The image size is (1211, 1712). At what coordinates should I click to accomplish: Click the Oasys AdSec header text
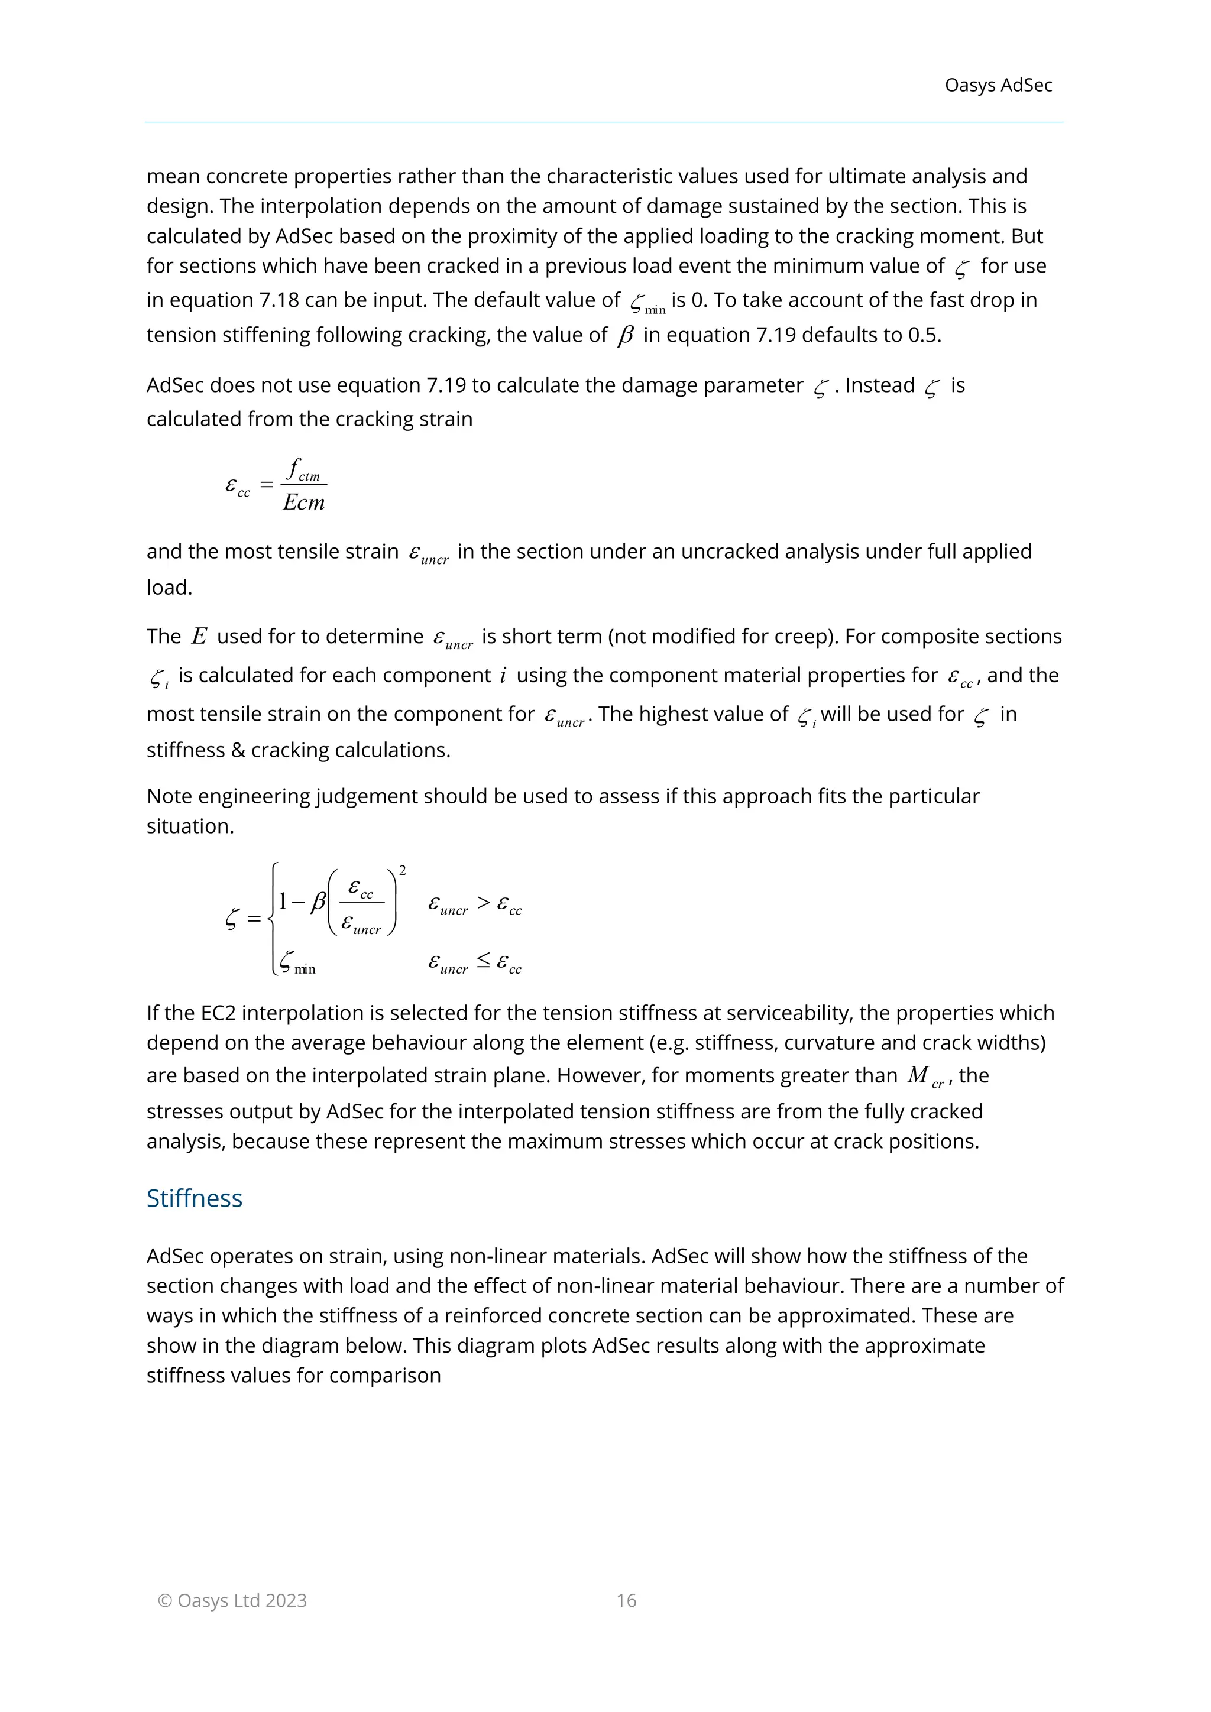(x=998, y=85)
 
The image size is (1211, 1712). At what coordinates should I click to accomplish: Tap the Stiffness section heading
(x=194, y=1198)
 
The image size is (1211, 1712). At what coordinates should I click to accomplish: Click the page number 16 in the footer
(x=626, y=1600)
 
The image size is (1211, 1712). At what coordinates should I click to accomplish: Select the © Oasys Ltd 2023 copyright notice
(x=232, y=1600)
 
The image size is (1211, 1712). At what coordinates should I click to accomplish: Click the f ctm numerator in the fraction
(x=303, y=471)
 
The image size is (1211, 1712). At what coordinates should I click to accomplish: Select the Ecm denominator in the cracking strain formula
(x=303, y=502)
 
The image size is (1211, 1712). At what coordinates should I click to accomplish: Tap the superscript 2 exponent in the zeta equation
(x=403, y=870)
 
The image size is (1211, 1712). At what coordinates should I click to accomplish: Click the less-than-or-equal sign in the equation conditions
(x=483, y=962)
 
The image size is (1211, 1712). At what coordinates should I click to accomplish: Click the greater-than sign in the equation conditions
(x=483, y=903)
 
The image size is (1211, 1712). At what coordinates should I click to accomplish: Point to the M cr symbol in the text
(x=925, y=1076)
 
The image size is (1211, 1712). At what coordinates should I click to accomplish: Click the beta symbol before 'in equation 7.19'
(x=625, y=336)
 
